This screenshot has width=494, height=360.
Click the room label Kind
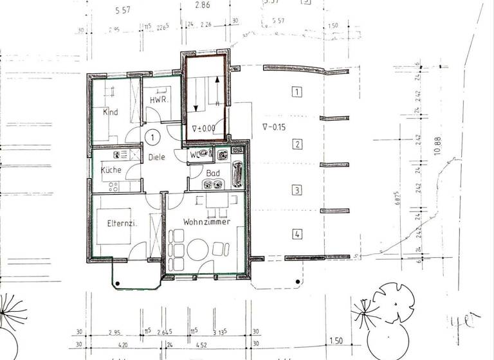click(110, 113)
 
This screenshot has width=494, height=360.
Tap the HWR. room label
click(159, 101)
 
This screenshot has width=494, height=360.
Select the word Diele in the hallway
click(157, 156)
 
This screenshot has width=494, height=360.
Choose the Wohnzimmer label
click(206, 222)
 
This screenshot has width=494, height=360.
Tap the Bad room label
click(214, 173)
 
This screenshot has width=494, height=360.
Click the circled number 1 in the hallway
click(152, 136)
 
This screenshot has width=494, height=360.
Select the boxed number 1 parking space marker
click(297, 92)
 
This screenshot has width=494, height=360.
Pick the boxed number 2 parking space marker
click(297, 144)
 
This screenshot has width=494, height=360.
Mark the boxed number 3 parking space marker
click(297, 190)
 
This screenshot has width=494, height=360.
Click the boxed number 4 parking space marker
click(297, 235)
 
